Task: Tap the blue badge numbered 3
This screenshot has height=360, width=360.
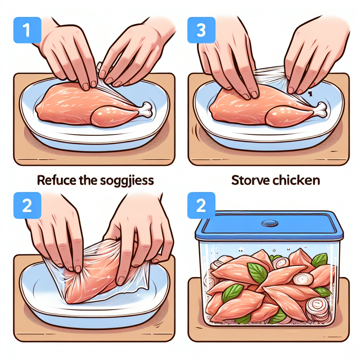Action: tap(201, 31)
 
